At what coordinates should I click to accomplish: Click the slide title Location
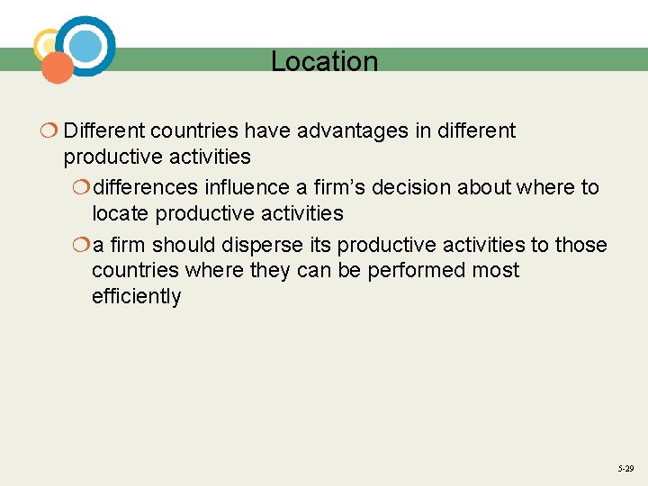pyautogui.click(x=324, y=62)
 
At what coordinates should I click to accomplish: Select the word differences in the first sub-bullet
pyautogui.click(x=146, y=188)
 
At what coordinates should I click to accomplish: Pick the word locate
pyautogui.click(x=121, y=214)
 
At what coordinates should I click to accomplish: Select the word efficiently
pyautogui.click(x=136, y=297)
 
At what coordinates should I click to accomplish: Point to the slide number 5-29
pyautogui.click(x=625, y=469)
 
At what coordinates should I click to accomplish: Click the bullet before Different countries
pyautogui.click(x=49, y=131)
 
